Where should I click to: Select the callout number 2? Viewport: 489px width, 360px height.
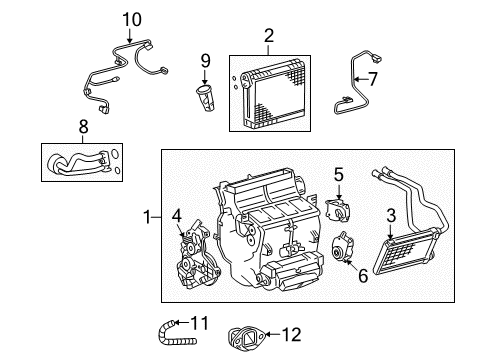click(269, 38)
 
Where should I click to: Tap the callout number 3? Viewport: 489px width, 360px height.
click(392, 214)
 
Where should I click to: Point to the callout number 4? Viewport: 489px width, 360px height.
click(176, 214)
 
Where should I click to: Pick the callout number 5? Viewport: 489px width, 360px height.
click(339, 175)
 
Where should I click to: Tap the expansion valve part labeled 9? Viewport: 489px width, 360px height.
click(206, 98)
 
